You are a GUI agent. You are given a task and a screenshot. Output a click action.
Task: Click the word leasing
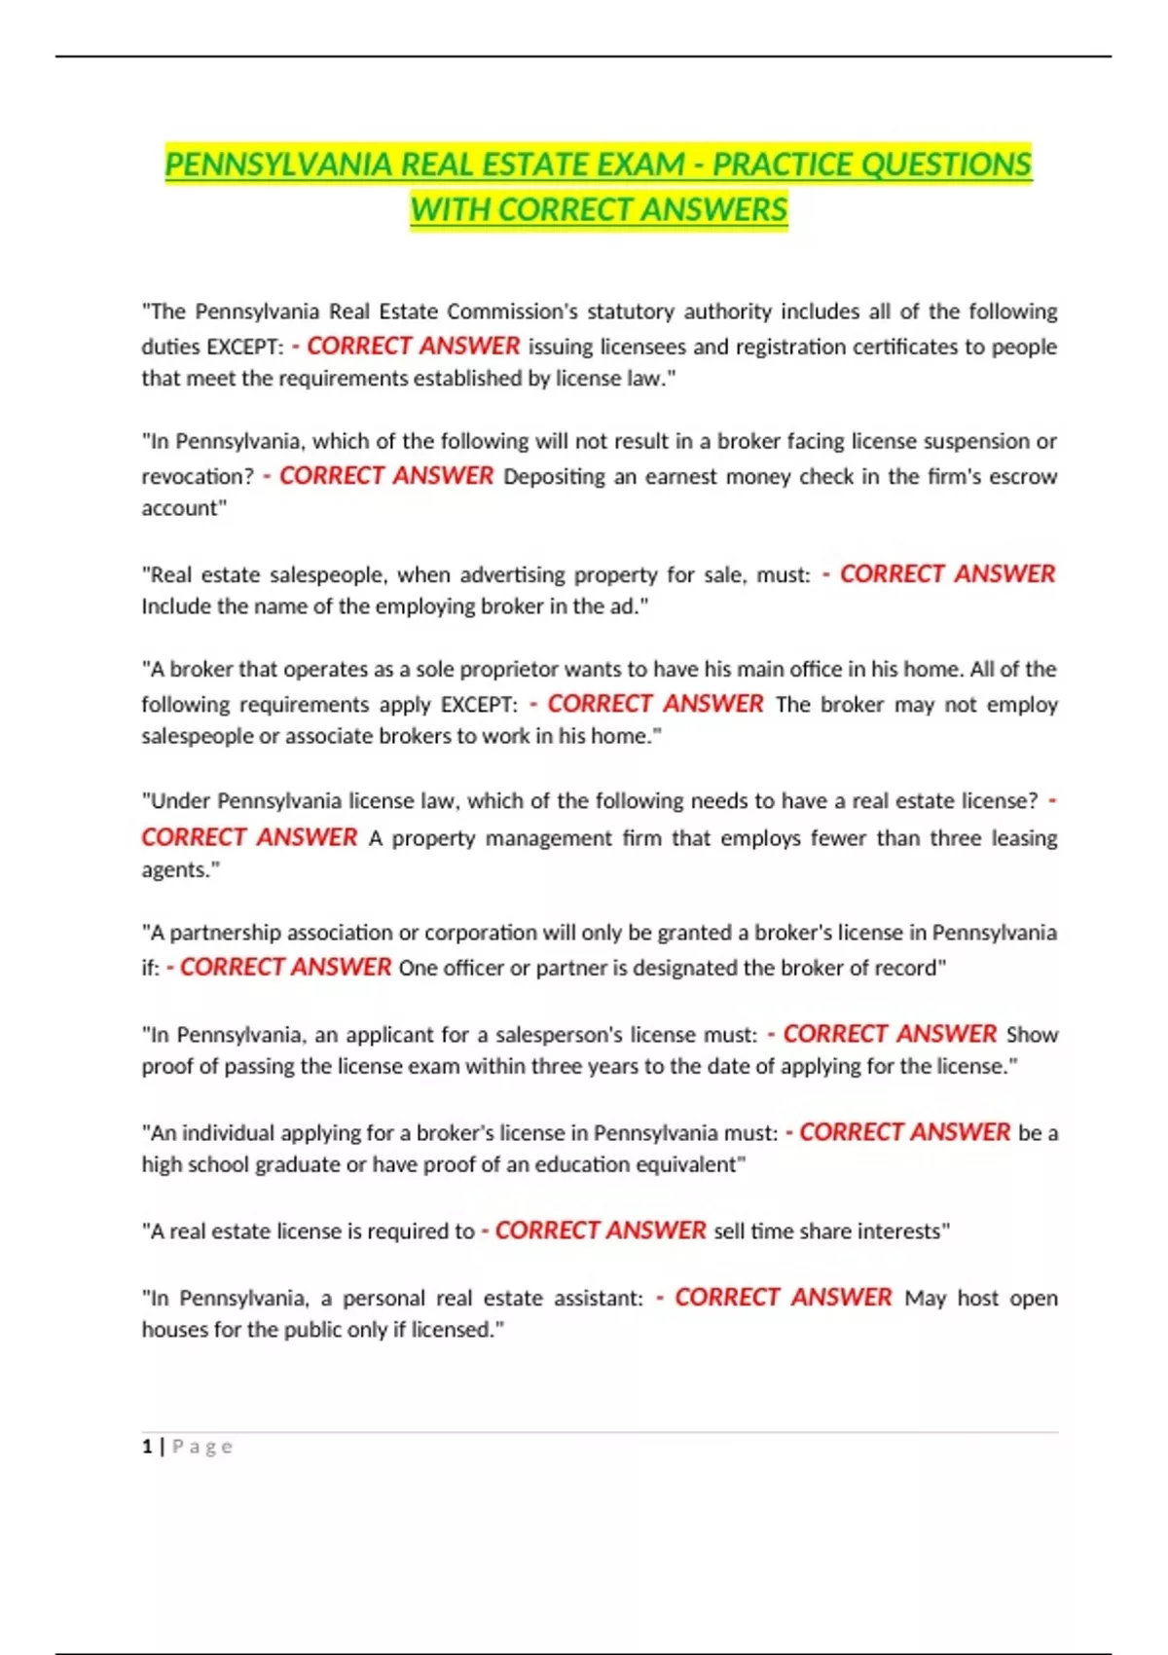coord(1024,838)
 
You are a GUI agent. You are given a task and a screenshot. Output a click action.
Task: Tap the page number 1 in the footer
coord(147,1447)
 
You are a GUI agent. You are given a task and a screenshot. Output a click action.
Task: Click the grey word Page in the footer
coord(202,1447)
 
